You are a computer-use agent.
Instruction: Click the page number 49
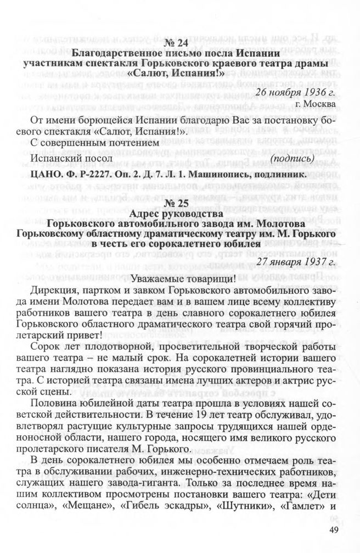(335, 529)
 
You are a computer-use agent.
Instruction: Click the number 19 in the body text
(183, 414)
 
